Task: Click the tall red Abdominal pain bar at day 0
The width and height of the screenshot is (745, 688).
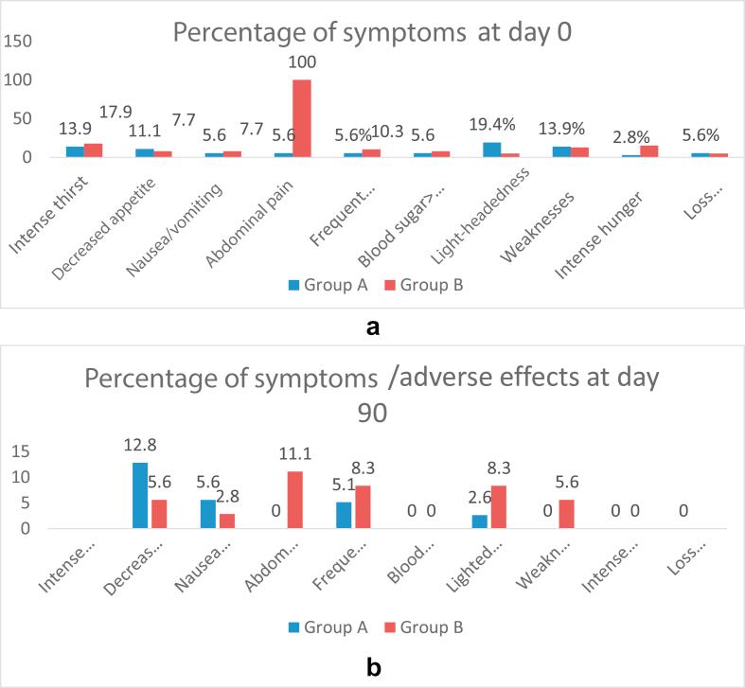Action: click(x=302, y=118)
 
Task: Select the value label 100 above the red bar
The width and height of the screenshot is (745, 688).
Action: click(x=303, y=63)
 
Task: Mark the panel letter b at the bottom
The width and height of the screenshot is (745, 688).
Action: click(x=373, y=667)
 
